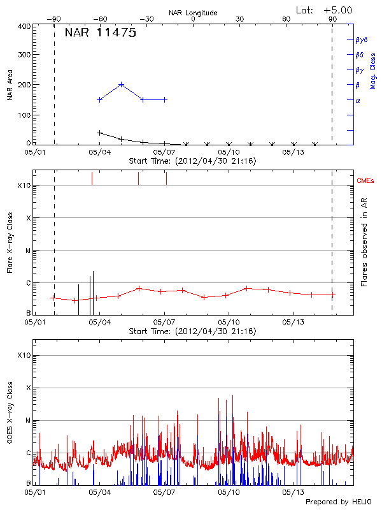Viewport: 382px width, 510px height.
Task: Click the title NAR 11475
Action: pyautogui.click(x=100, y=34)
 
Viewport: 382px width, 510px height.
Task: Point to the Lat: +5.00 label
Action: pyautogui.click(x=324, y=10)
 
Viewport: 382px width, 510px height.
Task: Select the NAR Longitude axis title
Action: pyautogui.click(x=193, y=13)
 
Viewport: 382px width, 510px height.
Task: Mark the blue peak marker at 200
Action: pyautogui.click(x=122, y=84)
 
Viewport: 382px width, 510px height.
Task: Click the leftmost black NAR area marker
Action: pyautogui.click(x=99, y=133)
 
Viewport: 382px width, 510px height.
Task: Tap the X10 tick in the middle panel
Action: pyautogui.click(x=24, y=186)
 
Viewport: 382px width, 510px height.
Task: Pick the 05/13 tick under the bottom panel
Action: pyautogui.click(x=294, y=492)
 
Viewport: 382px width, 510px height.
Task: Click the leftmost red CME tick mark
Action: pyautogui.click(x=92, y=178)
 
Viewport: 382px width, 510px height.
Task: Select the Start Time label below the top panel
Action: pyautogui.click(x=192, y=161)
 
